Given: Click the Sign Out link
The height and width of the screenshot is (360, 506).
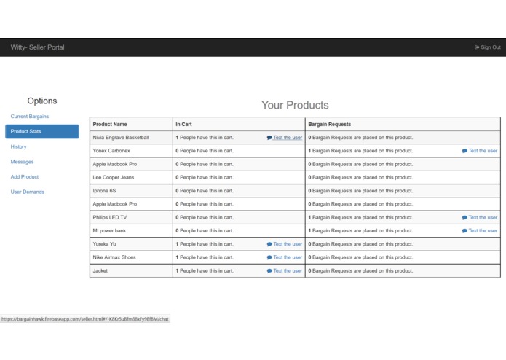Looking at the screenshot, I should [x=488, y=47].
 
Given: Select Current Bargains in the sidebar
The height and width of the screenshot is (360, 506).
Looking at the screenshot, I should [x=30, y=117].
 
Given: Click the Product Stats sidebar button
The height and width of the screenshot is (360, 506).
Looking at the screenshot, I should [x=41, y=132].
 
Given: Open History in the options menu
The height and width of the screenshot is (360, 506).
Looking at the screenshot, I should [x=19, y=147].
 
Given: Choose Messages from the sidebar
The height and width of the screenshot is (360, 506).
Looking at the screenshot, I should [x=23, y=162].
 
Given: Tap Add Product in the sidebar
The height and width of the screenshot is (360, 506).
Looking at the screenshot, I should [x=25, y=177].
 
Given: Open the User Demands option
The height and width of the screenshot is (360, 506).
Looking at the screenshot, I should [x=28, y=192].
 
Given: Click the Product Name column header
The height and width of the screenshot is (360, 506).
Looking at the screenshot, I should [x=110, y=125].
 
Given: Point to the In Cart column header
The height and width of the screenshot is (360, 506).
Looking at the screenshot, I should [x=183, y=125].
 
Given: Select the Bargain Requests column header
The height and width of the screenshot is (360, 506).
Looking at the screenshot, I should [x=330, y=125].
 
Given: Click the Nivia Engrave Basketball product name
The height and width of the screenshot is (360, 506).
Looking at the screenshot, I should [x=121, y=138].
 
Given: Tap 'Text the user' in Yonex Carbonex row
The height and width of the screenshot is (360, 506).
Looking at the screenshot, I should [x=480, y=151].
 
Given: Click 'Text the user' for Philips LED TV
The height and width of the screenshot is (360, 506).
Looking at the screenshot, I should [x=480, y=218].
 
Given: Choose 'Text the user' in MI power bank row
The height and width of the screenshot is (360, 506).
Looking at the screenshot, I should [x=480, y=231].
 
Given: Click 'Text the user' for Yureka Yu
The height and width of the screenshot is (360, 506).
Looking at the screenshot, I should [x=285, y=244].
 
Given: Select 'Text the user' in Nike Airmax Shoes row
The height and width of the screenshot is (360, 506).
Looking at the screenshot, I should [x=285, y=257].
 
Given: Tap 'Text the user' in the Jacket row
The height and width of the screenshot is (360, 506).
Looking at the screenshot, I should [x=285, y=271].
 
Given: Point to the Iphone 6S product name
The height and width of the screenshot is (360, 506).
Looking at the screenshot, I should [x=106, y=191].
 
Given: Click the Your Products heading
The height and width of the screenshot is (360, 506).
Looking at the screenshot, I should [x=295, y=106].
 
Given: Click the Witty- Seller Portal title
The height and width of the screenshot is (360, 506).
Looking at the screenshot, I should [x=37, y=47].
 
